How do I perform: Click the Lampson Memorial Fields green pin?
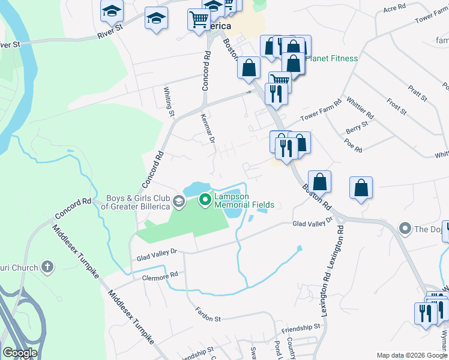coord(205,199)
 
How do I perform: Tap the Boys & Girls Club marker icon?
coord(178,200)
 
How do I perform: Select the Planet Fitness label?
coord(331,59)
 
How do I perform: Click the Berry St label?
coord(357,127)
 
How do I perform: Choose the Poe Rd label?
coord(354,145)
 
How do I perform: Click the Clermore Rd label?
coord(160,275)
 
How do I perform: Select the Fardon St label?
coord(208,314)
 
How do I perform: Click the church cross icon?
coord(48,267)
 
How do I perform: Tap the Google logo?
coord(20,353)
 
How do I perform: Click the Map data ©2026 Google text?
coord(411,355)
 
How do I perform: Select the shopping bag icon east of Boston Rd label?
coord(361,188)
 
